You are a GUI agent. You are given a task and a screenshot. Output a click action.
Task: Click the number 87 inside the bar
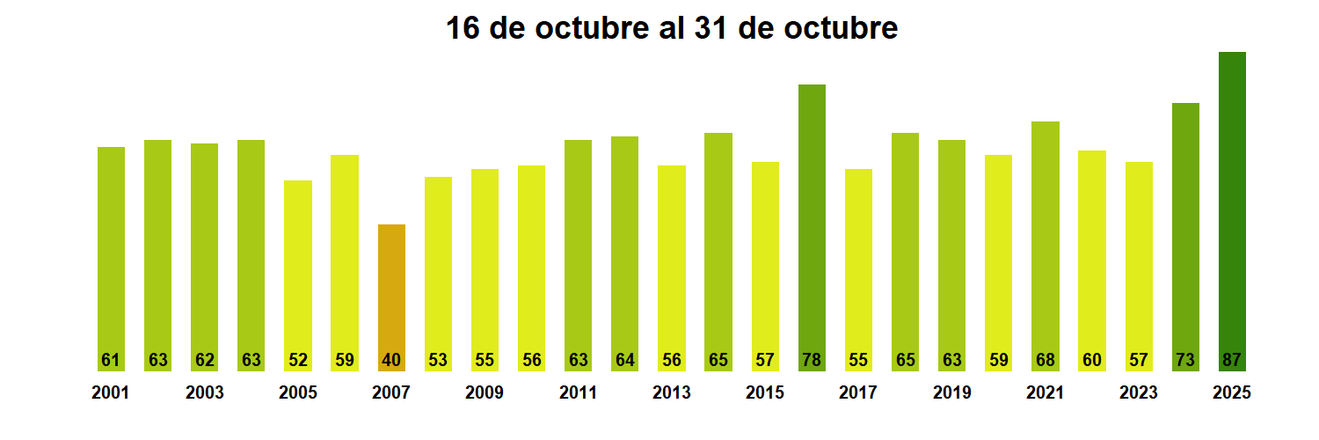pos(1232,360)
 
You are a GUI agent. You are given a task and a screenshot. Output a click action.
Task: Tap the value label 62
pos(204,360)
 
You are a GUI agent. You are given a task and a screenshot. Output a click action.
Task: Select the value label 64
pos(624,360)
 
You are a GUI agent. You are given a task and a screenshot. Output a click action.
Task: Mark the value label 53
pos(438,360)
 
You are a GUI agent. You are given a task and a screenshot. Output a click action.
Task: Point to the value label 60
pos(1091,360)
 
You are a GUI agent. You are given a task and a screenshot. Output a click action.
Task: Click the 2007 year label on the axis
pos(391,393)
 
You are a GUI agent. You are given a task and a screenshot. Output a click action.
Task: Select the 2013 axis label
pos(671,393)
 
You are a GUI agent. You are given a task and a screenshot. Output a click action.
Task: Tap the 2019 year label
pos(951,393)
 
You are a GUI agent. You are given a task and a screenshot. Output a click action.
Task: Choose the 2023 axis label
pos(1138,393)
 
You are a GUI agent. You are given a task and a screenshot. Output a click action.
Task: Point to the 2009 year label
pos(485,393)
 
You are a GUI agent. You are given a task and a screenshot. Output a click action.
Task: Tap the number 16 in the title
pos(463,28)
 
